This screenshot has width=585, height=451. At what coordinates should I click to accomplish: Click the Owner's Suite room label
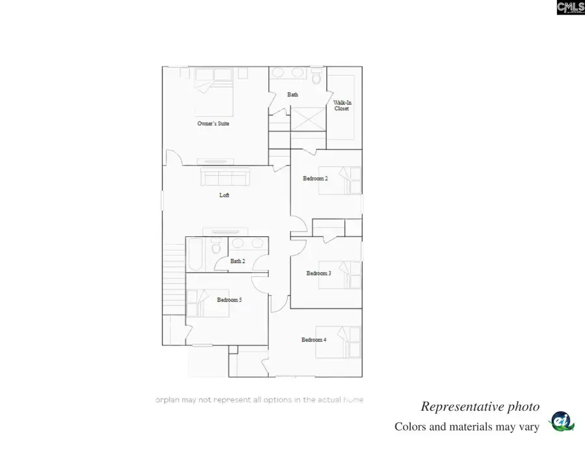point(213,123)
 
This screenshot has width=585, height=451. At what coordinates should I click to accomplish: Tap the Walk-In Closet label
point(342,106)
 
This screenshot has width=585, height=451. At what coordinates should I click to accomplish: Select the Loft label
point(224,195)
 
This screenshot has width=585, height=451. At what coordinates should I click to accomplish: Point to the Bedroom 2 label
point(315,178)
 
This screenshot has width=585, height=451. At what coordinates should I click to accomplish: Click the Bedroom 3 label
point(318,273)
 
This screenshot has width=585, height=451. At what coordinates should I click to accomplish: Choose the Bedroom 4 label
point(313,339)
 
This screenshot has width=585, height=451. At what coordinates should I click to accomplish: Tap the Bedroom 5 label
point(229,300)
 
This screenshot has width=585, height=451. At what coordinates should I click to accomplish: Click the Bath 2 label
point(238,262)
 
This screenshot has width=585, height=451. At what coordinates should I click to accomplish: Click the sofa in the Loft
point(225,177)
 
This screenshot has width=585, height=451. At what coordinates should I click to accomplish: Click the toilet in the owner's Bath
point(317,79)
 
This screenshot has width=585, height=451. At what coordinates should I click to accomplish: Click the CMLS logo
point(570,7)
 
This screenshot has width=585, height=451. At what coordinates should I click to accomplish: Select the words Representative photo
point(480,407)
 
